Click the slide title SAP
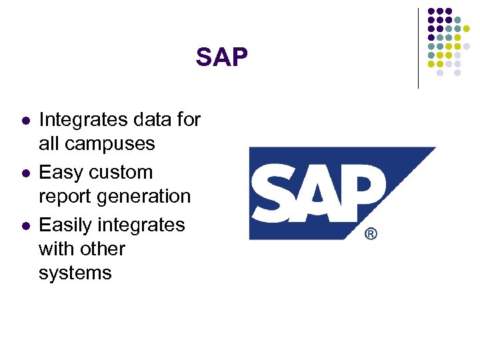tap(221, 58)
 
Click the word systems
tap(75, 273)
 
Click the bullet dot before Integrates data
tap(25, 121)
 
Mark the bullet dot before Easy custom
tap(25, 173)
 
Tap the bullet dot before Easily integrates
tap(25, 226)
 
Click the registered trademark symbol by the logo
tap(371, 234)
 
